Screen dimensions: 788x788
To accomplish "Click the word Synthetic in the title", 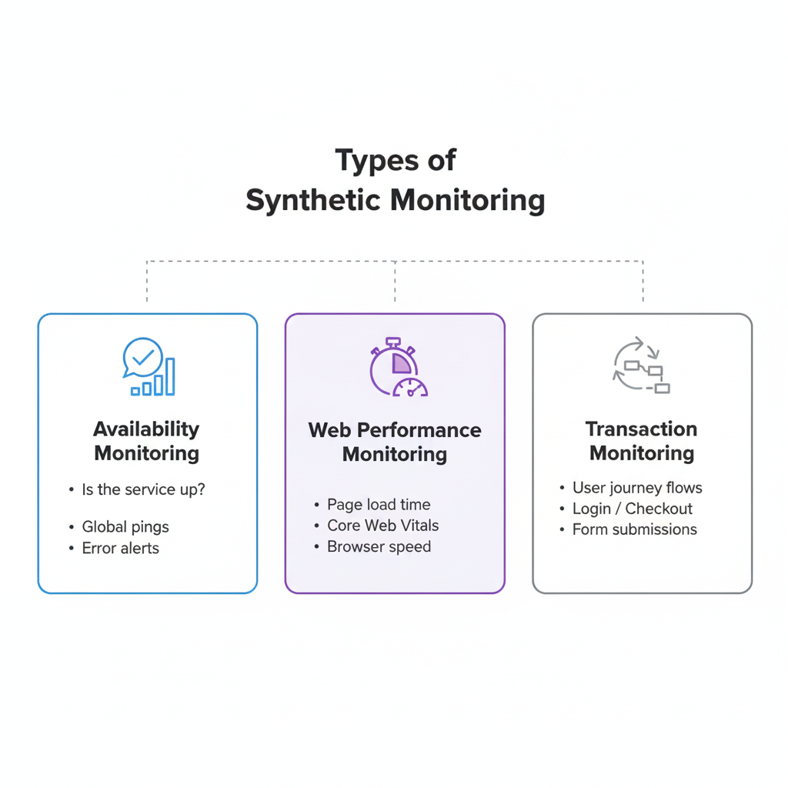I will [313, 200].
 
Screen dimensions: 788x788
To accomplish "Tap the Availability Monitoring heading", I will [146, 441].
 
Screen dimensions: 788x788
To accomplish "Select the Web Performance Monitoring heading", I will [395, 442].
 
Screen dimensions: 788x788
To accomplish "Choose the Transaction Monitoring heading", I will [642, 441].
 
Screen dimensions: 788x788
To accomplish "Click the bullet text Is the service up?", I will [143, 489].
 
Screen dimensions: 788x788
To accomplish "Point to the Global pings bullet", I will [125, 527].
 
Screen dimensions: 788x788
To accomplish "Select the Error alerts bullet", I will [121, 548].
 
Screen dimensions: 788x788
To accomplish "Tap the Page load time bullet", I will [379, 505].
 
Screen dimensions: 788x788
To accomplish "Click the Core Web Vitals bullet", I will [383, 526].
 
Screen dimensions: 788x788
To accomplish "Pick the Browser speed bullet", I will [379, 547].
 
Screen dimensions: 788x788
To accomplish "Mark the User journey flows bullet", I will [637, 488].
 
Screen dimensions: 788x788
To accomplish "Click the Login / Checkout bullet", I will [633, 509].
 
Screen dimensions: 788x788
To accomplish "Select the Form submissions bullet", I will [635, 529].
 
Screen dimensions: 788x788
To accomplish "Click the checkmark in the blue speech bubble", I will [143, 356].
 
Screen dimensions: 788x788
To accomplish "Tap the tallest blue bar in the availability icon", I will [170, 376].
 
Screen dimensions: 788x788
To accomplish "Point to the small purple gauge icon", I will [410, 387].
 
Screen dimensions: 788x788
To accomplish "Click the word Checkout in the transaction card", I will [659, 509].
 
